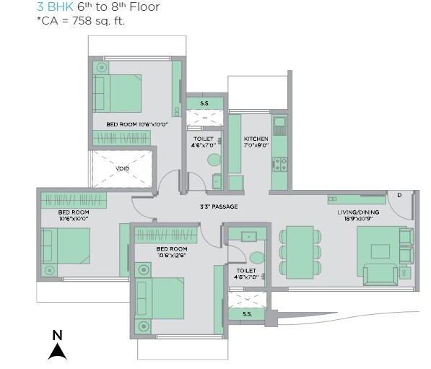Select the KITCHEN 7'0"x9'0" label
coord(256,142)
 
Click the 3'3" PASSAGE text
coord(218,207)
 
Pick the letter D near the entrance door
coord(399,195)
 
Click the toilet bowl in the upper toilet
coord(216,180)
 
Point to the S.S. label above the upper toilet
coord(205,103)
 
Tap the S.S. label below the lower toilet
coord(246,314)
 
